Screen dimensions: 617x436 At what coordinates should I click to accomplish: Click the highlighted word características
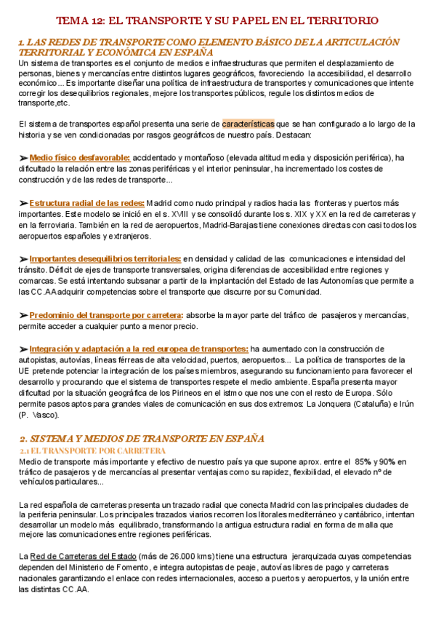248,124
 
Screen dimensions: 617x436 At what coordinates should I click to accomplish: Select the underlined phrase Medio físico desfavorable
80,157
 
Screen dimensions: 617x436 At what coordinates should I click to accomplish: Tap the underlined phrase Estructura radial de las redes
87,203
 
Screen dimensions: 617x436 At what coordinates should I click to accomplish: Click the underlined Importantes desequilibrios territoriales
105,258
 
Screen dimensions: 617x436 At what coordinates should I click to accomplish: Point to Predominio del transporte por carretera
106,315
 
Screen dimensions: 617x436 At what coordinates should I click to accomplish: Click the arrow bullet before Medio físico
23,157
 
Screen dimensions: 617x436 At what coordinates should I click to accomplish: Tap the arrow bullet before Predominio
23,315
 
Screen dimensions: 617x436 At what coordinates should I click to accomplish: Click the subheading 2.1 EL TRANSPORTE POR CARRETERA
92,451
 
